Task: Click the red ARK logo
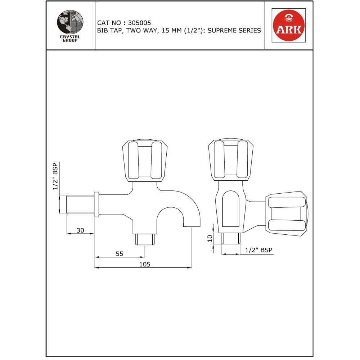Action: pos(288,25)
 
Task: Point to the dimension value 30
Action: pos(80,230)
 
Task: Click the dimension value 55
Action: pos(120,254)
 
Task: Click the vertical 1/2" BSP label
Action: pos(55,176)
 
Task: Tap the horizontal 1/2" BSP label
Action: pos(258,250)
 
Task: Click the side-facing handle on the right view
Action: pos(287,216)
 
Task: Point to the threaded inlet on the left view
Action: pos(80,204)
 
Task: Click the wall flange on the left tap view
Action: pos(96,204)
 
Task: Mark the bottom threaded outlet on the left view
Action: pos(144,239)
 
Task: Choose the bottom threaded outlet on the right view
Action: pos(230,238)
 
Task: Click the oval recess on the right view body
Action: pos(231,209)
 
